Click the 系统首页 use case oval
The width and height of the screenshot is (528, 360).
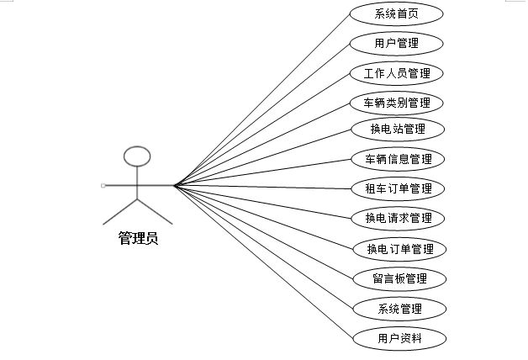(x=396, y=13)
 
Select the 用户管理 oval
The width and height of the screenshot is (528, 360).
(x=396, y=43)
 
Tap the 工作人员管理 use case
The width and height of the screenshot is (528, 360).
(x=396, y=73)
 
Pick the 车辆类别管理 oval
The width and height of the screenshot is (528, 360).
(x=396, y=103)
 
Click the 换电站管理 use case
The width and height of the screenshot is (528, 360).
(x=396, y=130)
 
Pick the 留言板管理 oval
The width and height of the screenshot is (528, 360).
(x=396, y=278)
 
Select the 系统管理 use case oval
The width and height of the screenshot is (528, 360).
(x=396, y=308)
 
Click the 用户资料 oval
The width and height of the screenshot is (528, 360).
(x=396, y=338)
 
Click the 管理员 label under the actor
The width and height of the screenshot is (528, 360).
(x=137, y=238)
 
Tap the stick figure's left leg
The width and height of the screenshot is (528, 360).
(x=120, y=212)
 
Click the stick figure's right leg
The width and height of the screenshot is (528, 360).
(x=155, y=212)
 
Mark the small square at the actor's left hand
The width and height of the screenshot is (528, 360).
(x=103, y=185)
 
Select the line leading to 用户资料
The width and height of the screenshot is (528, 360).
(x=261, y=261)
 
